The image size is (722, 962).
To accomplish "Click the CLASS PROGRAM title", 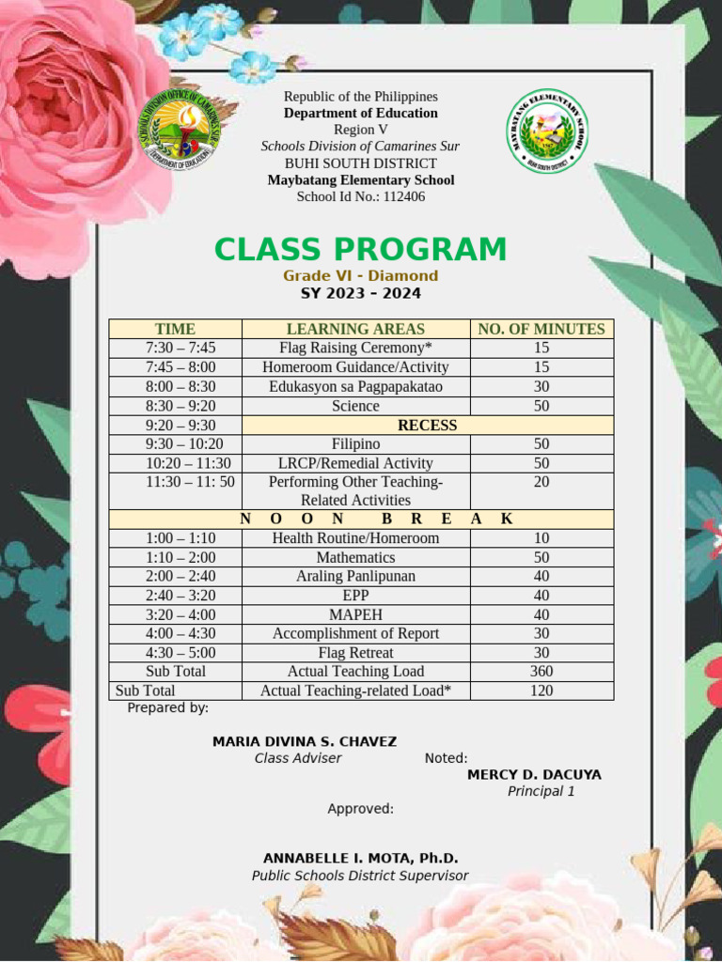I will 360,250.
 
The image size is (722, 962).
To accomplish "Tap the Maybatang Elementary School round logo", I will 546,132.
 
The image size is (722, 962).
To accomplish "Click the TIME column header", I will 175,329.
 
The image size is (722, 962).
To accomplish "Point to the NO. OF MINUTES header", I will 541,329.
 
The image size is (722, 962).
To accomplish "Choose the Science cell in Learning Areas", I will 355,406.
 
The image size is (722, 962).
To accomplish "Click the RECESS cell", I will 427,425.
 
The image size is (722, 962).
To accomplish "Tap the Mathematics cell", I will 355,557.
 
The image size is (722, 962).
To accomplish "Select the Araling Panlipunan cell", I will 355,576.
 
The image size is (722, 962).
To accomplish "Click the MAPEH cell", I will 355,614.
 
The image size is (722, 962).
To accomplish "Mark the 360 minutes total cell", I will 541,671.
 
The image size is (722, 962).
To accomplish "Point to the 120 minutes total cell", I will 541,690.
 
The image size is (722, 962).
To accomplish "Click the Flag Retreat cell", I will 355,652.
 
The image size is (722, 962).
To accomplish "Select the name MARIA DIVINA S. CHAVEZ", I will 305,741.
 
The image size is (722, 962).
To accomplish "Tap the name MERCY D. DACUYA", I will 534,775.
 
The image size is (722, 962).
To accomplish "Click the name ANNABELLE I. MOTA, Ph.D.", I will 360,858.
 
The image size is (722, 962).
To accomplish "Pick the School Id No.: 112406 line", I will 360,196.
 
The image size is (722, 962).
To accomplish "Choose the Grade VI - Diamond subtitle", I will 360,275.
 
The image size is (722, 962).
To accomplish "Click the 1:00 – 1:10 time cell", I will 180,538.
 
